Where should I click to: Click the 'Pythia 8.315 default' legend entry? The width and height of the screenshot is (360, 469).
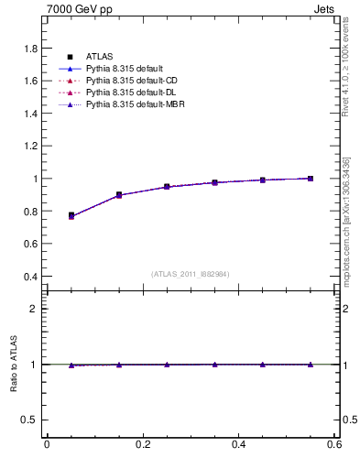(125, 70)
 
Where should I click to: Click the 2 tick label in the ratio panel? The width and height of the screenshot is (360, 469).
(35, 309)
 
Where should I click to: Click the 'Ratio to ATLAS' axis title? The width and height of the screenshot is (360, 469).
(12, 364)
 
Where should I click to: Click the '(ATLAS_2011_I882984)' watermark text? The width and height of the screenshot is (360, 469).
(191, 274)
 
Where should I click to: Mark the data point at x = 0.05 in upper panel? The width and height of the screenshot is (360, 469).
(71, 215)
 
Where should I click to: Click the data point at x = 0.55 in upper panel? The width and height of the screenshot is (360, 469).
(311, 179)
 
